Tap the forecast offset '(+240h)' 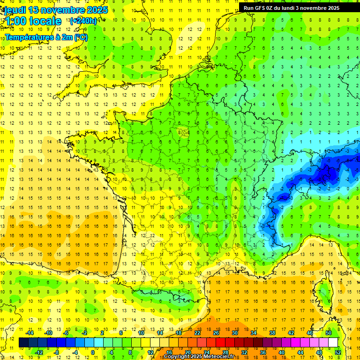(x=83, y=21)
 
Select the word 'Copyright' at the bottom (x=177, y=357)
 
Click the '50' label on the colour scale (x=329, y=333)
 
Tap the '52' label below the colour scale (x=338, y=352)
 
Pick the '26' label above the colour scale (x=216, y=333)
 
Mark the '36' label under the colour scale (x=263, y=352)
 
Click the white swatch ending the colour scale (x=333, y=343)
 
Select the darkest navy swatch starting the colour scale (x=23, y=343)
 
